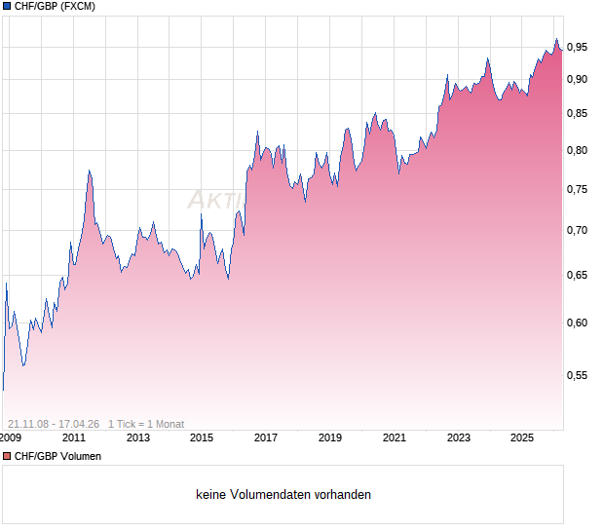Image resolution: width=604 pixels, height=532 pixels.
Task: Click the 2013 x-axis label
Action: [x=138, y=437]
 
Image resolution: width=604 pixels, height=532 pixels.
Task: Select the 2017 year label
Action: [x=266, y=437]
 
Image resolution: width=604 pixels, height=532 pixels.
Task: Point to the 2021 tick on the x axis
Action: [x=394, y=437]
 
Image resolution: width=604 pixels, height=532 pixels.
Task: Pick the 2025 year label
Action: [x=522, y=437]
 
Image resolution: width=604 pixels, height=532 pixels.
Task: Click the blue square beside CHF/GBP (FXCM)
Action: [x=7, y=7]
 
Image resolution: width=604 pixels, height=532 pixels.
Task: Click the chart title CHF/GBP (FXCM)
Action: [x=54, y=7]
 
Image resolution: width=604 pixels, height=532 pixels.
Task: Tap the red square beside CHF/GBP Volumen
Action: [x=7, y=456]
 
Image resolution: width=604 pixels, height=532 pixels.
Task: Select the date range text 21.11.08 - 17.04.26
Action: [x=54, y=424]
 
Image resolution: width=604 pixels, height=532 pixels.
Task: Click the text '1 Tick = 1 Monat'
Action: [x=146, y=424]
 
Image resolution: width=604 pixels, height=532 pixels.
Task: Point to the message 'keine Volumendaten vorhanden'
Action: [x=283, y=495]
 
